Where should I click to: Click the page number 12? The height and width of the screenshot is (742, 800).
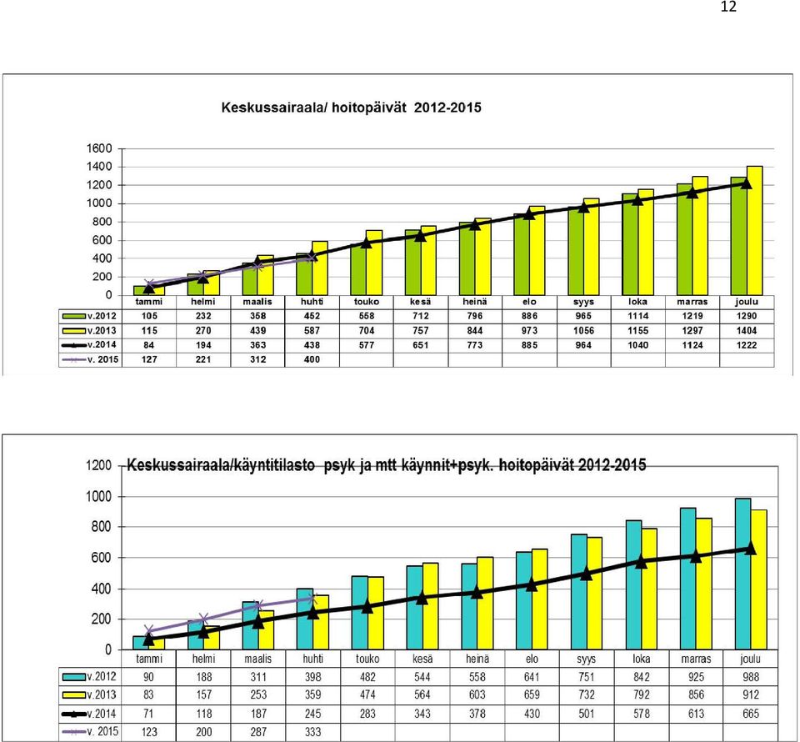tap(728, 7)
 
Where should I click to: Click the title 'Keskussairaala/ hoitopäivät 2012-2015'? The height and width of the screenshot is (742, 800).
tap(351, 108)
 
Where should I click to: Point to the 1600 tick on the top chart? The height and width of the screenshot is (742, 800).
tap(99, 148)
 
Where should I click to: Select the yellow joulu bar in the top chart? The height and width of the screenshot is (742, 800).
tap(755, 231)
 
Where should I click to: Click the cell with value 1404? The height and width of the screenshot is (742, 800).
tap(747, 331)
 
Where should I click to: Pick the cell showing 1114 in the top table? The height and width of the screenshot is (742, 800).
tap(637, 316)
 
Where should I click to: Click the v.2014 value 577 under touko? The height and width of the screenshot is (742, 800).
tap(367, 345)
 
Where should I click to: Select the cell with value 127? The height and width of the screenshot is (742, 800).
tap(149, 359)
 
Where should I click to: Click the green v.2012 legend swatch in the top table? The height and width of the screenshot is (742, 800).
tap(74, 317)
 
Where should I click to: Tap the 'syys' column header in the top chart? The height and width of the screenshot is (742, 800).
tap(583, 302)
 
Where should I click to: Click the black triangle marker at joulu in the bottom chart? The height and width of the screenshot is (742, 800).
tap(750, 548)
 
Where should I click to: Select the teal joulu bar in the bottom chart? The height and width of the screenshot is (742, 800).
tap(742, 574)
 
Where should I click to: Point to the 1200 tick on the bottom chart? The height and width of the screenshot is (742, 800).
tap(98, 465)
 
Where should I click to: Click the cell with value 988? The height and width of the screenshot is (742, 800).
tap(751, 677)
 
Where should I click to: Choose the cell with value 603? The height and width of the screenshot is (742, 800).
tap(477, 694)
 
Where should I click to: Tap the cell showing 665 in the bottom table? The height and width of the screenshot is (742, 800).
tap(751, 714)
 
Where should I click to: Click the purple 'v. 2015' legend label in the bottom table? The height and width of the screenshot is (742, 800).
tap(102, 731)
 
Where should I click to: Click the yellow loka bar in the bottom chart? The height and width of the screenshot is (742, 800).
tap(649, 589)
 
